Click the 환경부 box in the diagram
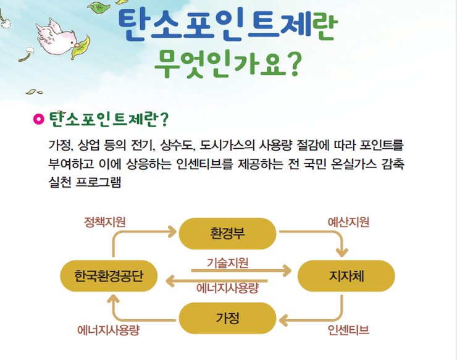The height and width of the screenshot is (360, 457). click(227, 233)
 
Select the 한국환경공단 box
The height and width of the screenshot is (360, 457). click(109, 276)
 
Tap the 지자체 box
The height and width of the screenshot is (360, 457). click(346, 276)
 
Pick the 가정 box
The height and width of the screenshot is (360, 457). click(227, 318)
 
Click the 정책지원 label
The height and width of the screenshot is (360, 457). click(104, 222)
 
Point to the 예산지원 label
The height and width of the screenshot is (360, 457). click(348, 222)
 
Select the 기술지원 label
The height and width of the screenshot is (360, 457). click(227, 263)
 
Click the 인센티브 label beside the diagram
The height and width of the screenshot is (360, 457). click(348, 330)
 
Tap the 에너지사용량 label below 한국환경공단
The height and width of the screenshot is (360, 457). click(109, 330)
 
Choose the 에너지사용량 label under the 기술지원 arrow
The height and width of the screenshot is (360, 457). click(227, 288)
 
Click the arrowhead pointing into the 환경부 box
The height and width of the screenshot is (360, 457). click(172, 232)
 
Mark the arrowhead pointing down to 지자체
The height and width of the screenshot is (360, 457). click(342, 253)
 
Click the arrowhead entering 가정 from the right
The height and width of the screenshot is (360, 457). click(283, 320)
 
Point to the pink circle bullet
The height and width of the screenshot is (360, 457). click(38, 119)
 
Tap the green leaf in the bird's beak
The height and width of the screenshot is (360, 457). click(81, 47)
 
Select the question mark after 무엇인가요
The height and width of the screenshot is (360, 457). click(295, 65)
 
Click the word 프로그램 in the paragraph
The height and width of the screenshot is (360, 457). click(98, 182)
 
